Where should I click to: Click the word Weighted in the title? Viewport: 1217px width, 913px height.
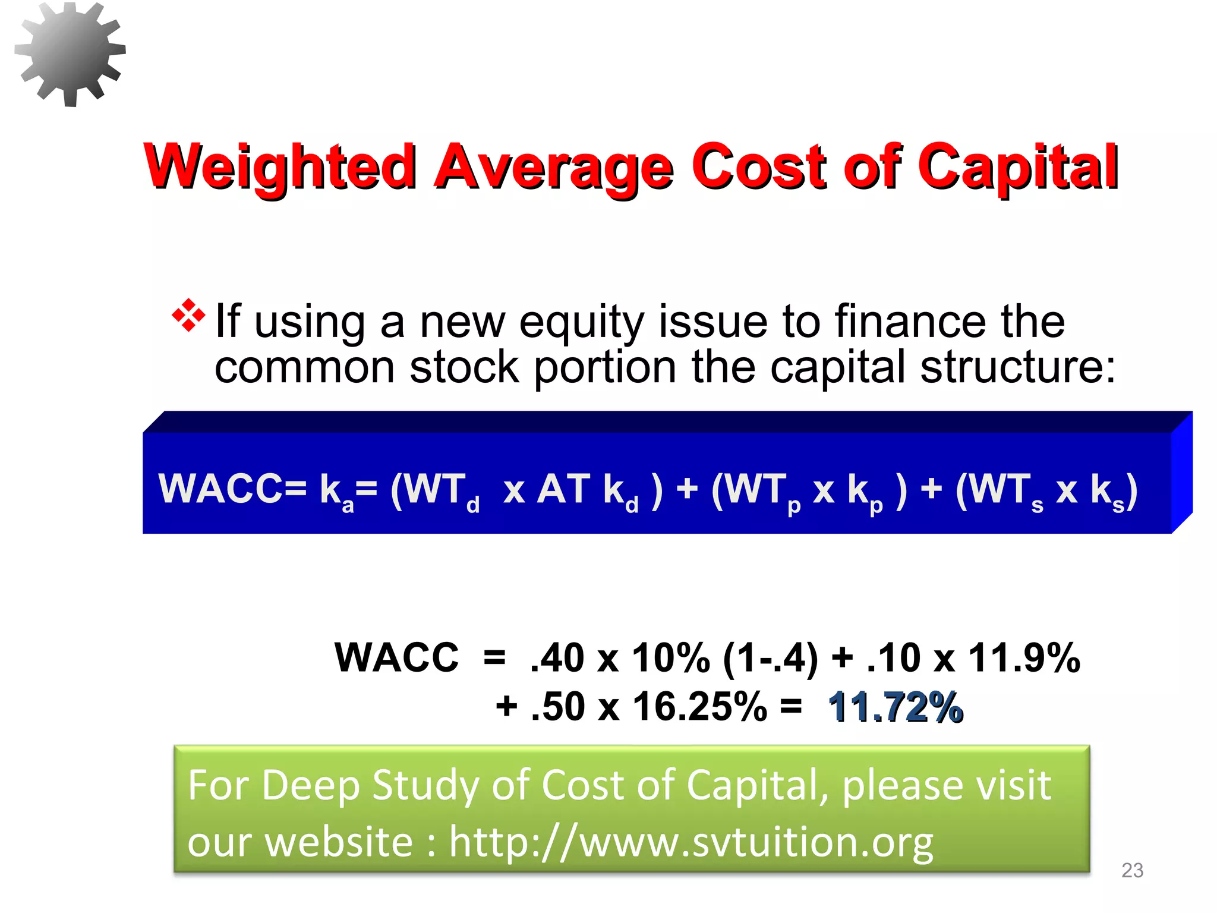pos(279,167)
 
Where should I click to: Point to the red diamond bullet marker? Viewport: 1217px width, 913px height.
pos(188,314)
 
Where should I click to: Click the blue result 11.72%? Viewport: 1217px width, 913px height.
pos(895,707)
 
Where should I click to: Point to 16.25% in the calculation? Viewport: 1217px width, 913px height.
pos(700,707)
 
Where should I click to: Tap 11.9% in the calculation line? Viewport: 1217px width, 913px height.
pos(1024,658)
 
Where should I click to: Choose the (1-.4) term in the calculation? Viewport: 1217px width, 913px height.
pos(770,659)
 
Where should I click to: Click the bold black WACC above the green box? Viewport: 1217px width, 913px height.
pos(397,658)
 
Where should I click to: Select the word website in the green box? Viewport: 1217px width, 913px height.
pos(339,842)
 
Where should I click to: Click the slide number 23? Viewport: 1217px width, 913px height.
pos(1132,870)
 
